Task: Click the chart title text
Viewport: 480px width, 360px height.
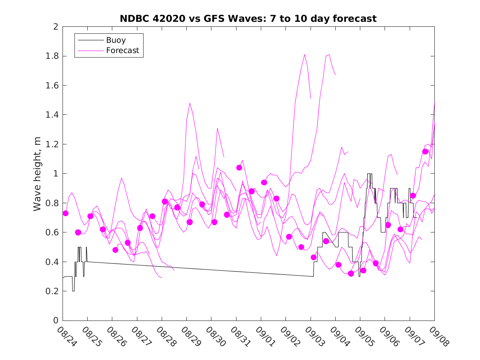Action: (x=248, y=19)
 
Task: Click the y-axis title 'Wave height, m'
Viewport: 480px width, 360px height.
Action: (x=37, y=174)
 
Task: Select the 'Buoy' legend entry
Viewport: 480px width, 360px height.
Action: (x=116, y=40)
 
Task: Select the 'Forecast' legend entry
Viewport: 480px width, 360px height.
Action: (x=123, y=51)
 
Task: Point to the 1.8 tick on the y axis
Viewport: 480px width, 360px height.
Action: (x=53, y=56)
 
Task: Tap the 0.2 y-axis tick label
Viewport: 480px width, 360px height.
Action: (x=53, y=291)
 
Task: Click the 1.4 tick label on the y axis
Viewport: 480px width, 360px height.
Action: (x=53, y=115)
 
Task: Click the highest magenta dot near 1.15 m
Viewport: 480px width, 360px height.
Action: (x=425, y=152)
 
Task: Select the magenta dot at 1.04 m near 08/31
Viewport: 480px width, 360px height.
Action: (x=239, y=167)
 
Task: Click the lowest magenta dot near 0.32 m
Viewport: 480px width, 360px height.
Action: (x=351, y=274)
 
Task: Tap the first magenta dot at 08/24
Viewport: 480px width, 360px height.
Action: (x=65, y=213)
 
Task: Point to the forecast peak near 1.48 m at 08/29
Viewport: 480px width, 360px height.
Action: (x=190, y=103)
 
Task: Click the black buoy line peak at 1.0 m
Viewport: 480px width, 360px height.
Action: (x=369, y=174)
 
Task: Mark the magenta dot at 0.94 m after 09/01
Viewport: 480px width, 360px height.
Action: (x=264, y=182)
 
